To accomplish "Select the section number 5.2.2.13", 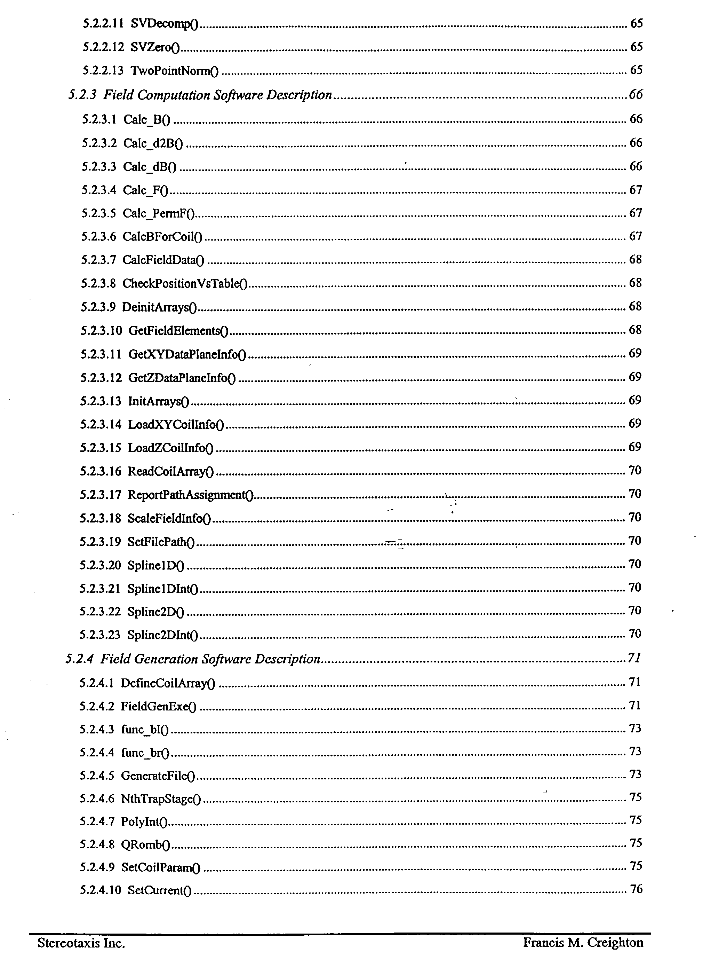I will click(x=103, y=71).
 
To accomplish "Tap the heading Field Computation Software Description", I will click(x=217, y=95).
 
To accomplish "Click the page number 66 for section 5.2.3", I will click(x=636, y=95).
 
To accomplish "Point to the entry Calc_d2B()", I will click(x=153, y=143).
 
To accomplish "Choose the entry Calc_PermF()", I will click(x=159, y=214).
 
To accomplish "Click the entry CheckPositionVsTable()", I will click(x=184, y=284).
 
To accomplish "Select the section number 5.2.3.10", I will click(x=101, y=331).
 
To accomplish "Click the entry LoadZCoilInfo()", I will click(x=170, y=448).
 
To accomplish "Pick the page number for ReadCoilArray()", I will click(x=635, y=471).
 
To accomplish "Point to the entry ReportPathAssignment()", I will click(x=190, y=495).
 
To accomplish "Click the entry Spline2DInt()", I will click(x=162, y=635).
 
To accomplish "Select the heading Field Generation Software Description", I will click(x=210, y=659).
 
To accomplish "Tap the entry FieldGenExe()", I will click(x=158, y=707).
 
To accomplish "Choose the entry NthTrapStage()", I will click(x=161, y=799).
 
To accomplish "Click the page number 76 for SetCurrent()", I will click(x=636, y=889).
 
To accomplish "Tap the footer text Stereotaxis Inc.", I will click(x=81, y=944).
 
